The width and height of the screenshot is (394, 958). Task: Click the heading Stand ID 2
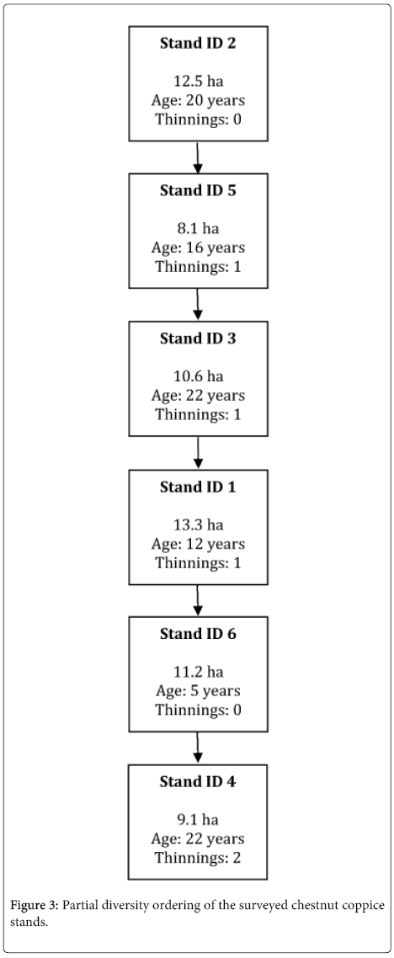[x=197, y=44]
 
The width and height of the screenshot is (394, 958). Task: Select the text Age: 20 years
[x=197, y=99]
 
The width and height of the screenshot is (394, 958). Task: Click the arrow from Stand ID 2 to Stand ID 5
[x=197, y=157]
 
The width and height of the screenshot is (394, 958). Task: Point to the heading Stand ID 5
[x=197, y=190]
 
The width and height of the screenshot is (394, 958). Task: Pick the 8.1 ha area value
[x=197, y=228]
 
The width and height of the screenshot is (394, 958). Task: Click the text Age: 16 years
[x=197, y=247]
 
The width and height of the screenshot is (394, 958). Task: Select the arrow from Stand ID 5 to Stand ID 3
[x=197, y=305]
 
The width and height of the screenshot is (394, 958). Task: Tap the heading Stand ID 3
[x=197, y=338]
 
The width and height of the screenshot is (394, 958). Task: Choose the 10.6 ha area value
[x=197, y=376]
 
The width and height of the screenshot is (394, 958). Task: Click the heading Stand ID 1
[x=197, y=487]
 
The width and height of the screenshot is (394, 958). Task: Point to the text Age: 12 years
[x=197, y=544]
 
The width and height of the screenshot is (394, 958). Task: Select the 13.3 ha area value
[x=197, y=524]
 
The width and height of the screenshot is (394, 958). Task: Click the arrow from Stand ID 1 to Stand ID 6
[x=197, y=601]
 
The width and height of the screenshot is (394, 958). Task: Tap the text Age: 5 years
[x=197, y=691]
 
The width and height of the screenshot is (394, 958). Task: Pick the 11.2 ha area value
[x=197, y=672]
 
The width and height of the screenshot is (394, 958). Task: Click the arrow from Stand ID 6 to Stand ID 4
[x=197, y=748]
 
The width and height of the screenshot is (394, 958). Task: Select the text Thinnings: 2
[x=197, y=857]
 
